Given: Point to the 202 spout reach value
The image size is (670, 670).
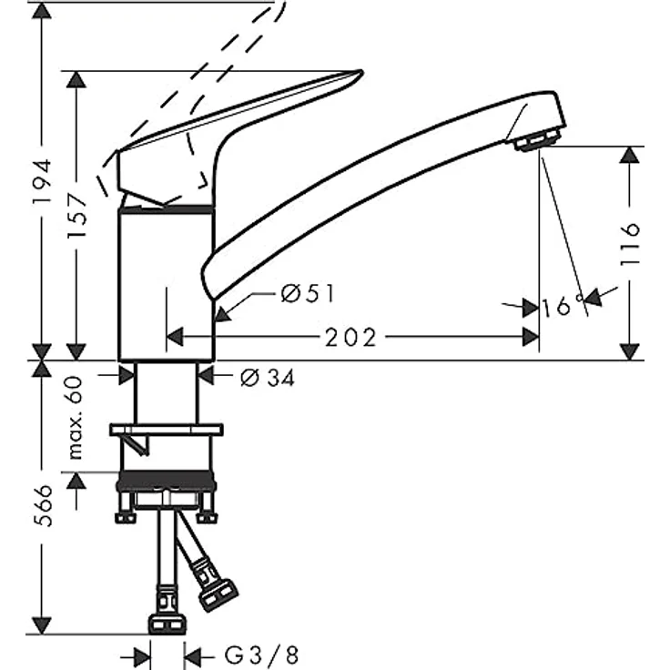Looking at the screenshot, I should pos(350,338).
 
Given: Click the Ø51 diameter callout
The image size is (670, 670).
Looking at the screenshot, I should pos(308,294).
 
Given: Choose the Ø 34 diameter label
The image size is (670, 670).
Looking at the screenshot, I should pos(268,376).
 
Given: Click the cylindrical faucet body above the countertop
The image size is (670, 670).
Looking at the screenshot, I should pos(167,282).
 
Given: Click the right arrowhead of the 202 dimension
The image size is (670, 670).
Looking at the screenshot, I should pos(530,338).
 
